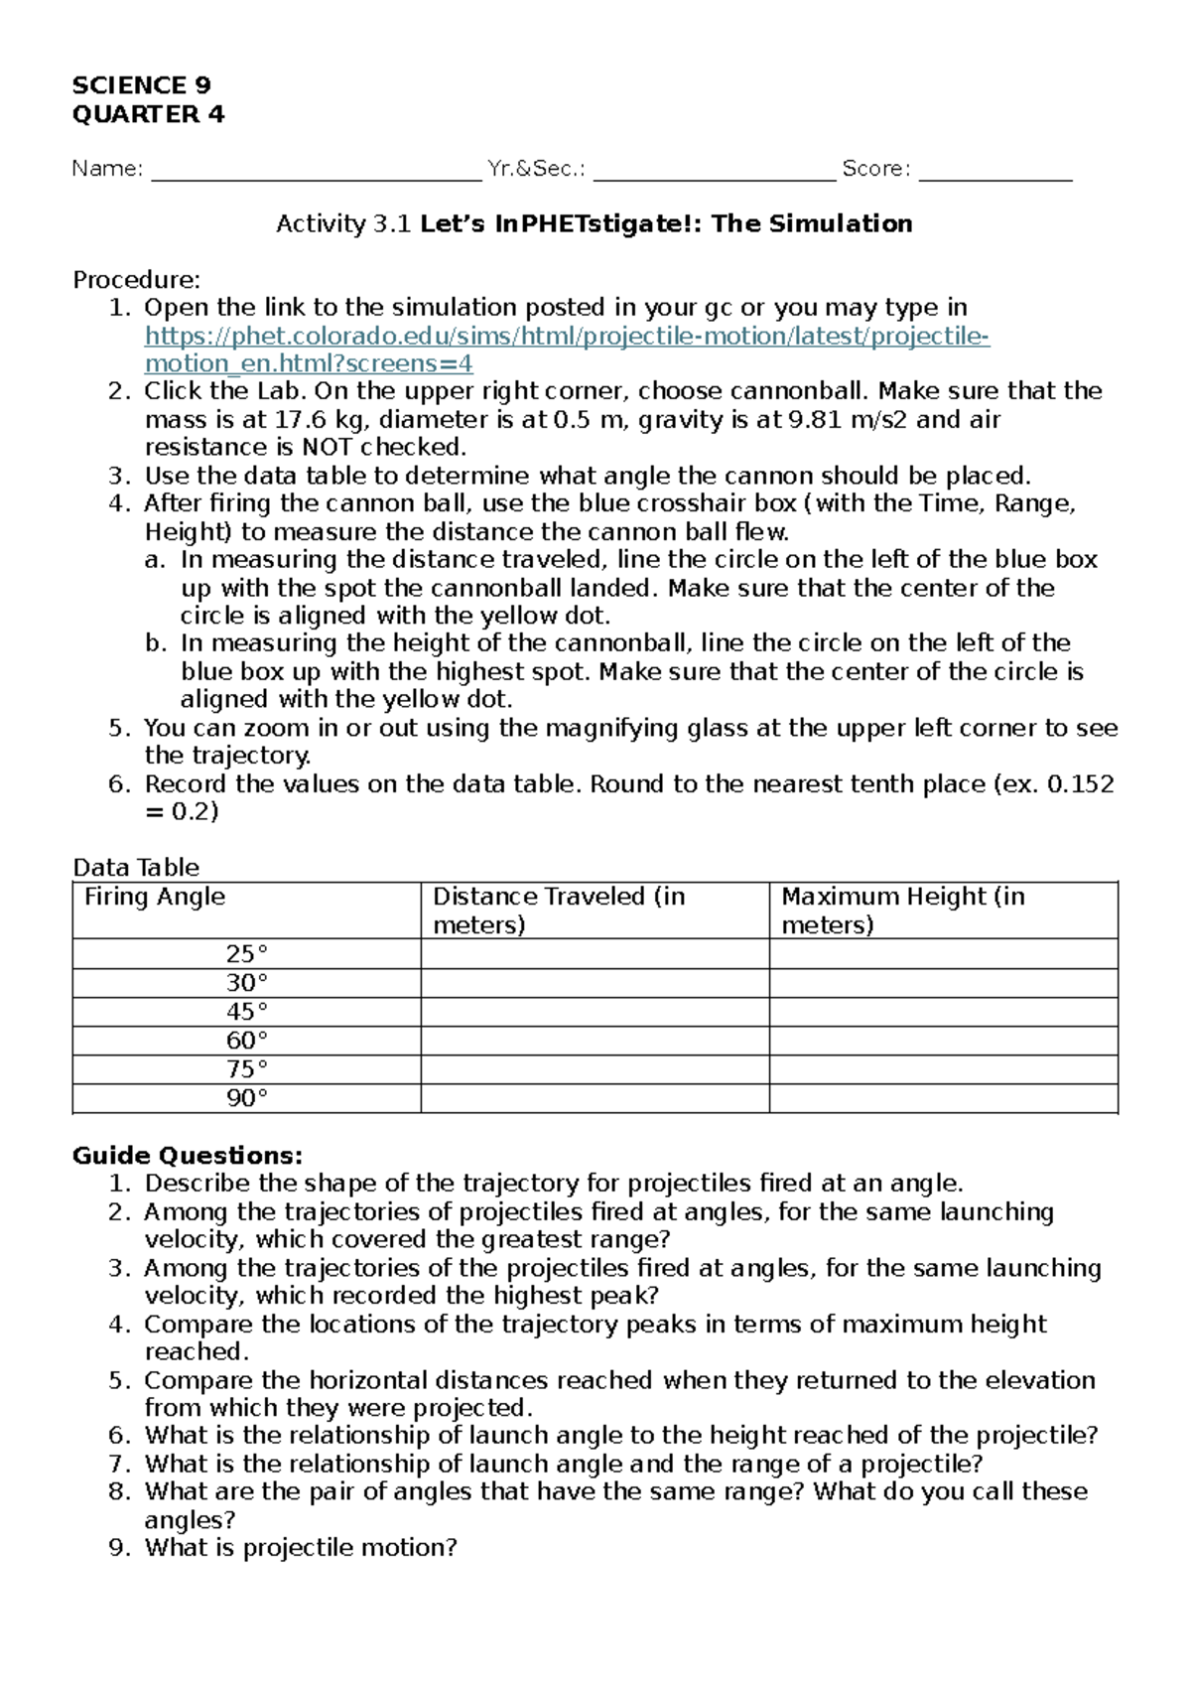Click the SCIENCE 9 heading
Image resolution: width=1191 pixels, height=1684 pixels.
click(141, 85)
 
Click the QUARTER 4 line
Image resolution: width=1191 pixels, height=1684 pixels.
click(148, 114)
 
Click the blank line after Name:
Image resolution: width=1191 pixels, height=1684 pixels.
click(316, 171)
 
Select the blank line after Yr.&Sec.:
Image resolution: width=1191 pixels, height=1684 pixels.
click(715, 171)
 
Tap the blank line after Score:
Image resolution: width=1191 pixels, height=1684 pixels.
click(995, 171)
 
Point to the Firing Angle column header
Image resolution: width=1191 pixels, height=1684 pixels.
click(155, 898)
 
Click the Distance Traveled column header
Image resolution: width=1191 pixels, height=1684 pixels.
click(558, 910)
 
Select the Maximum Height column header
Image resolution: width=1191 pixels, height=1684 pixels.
click(902, 910)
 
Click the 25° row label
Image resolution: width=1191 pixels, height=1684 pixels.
click(246, 954)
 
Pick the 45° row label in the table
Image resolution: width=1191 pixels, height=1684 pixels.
click(246, 1012)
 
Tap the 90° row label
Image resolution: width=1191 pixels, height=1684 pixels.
click(246, 1098)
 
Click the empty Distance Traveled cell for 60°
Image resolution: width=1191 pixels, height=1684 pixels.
click(595, 1041)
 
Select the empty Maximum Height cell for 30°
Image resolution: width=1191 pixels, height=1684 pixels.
click(943, 983)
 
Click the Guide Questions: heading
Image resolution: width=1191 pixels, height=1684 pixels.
click(188, 1156)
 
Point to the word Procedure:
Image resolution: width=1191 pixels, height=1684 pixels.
click(136, 280)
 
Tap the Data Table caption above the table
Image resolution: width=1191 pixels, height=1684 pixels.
click(136, 868)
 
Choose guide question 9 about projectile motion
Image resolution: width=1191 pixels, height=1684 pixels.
click(300, 1548)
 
